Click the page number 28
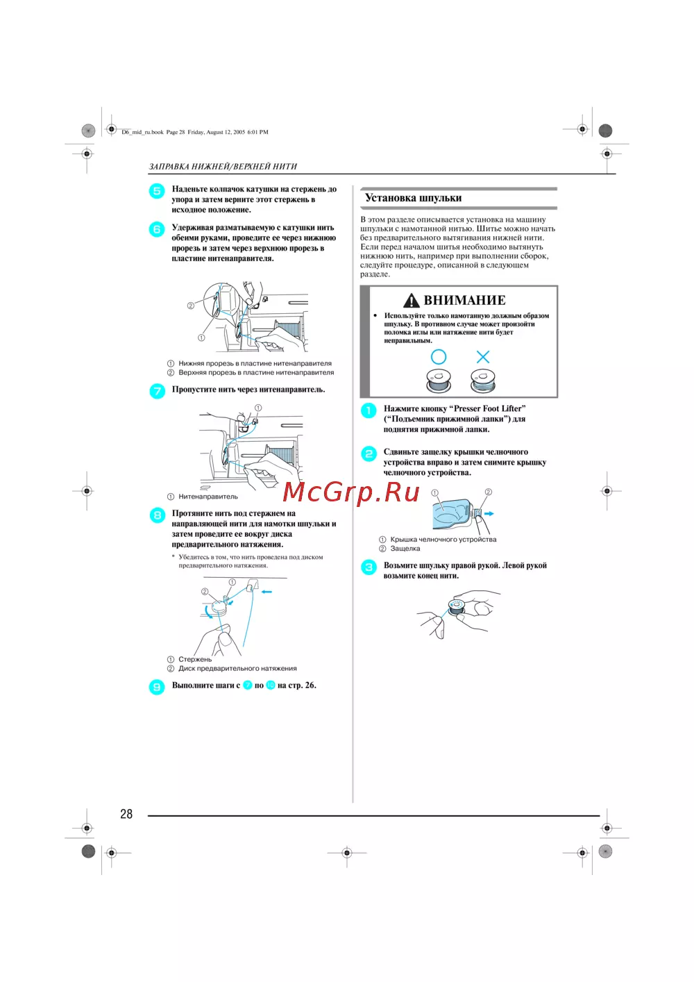126,814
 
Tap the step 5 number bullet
157,191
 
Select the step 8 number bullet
158,515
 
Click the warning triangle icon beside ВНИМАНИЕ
412,300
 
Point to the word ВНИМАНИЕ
464,300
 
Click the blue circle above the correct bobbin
439,357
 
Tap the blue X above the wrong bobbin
483,357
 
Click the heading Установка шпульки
413,198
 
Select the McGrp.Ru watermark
351,492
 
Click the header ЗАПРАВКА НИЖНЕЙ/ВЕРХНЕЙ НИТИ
223,167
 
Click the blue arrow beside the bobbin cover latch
489,514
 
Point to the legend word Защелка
405,549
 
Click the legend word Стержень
195,659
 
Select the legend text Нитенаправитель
208,497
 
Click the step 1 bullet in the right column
369,410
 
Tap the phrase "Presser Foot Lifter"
489,408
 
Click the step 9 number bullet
158,687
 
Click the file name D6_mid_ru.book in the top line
142,132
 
